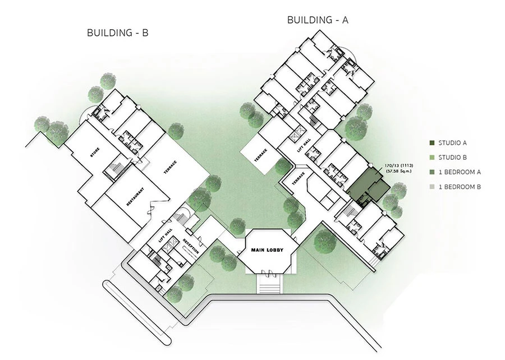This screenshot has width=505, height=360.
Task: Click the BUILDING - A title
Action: coord(318,20)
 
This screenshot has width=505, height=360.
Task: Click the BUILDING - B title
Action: coord(118,33)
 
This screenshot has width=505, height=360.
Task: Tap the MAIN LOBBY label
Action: coord(267,250)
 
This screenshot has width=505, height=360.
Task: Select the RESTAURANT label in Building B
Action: coord(135,196)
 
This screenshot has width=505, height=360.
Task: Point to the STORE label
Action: coord(95,153)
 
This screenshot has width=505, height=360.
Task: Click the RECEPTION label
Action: coord(191,247)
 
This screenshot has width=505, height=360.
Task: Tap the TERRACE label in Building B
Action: coord(170,167)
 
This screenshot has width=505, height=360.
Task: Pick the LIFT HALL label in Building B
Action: coord(165,235)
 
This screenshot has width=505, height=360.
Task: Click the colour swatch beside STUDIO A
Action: coord(432,143)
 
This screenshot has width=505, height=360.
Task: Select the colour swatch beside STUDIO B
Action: coord(432,158)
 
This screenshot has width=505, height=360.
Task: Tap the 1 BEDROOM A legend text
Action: coord(460,172)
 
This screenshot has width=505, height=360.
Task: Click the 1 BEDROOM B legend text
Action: coord(460,187)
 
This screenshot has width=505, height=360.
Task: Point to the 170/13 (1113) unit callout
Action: coord(399,166)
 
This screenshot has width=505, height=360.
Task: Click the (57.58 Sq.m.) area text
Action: coord(399,171)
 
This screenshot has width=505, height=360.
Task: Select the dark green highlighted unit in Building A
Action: coord(368,186)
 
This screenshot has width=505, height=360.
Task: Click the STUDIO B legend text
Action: coord(452,158)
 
